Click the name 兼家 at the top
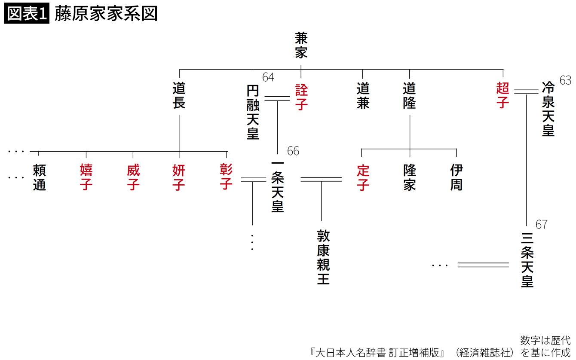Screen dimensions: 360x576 coord(301,46)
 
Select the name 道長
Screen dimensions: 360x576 coord(179,96)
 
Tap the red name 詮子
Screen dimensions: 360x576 coord(301,97)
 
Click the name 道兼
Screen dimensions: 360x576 coord(363,96)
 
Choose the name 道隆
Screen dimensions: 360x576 coord(410,96)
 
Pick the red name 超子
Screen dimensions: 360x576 coord(502,95)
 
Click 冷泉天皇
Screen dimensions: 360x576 coord(548,109)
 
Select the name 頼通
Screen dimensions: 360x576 coord(39,177)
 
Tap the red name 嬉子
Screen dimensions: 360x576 coord(86,177)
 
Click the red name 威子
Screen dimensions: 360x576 coord(133,177)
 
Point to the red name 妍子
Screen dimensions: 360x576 coord(179,177)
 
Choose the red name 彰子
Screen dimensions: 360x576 coord(226,177)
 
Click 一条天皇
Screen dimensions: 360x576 coord(278,187)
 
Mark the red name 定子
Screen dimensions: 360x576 coord(363,177)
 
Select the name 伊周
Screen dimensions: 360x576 coord(456,177)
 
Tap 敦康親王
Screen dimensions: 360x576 coord(323,257)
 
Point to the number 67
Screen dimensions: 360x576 coord(542,225)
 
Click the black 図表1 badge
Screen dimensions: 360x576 coord(27,14)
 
